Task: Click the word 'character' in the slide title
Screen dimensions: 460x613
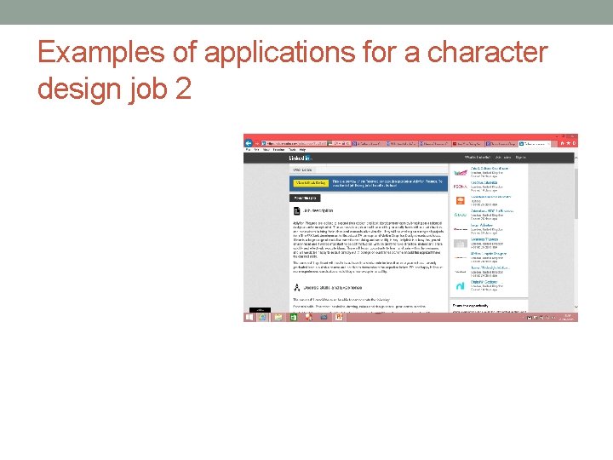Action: coord(488,53)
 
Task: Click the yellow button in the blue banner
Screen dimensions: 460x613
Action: coord(311,182)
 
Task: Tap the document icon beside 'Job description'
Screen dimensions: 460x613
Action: coord(296,210)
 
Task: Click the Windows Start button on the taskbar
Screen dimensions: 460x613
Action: coord(249,317)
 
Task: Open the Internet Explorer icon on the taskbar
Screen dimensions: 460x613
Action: coord(263,317)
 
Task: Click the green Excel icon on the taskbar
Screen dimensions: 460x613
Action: coord(293,317)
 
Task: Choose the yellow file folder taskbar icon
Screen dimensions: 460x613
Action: coord(278,317)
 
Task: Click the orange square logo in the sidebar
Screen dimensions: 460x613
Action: coord(460,201)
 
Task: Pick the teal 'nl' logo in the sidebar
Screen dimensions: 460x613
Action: coord(460,286)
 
